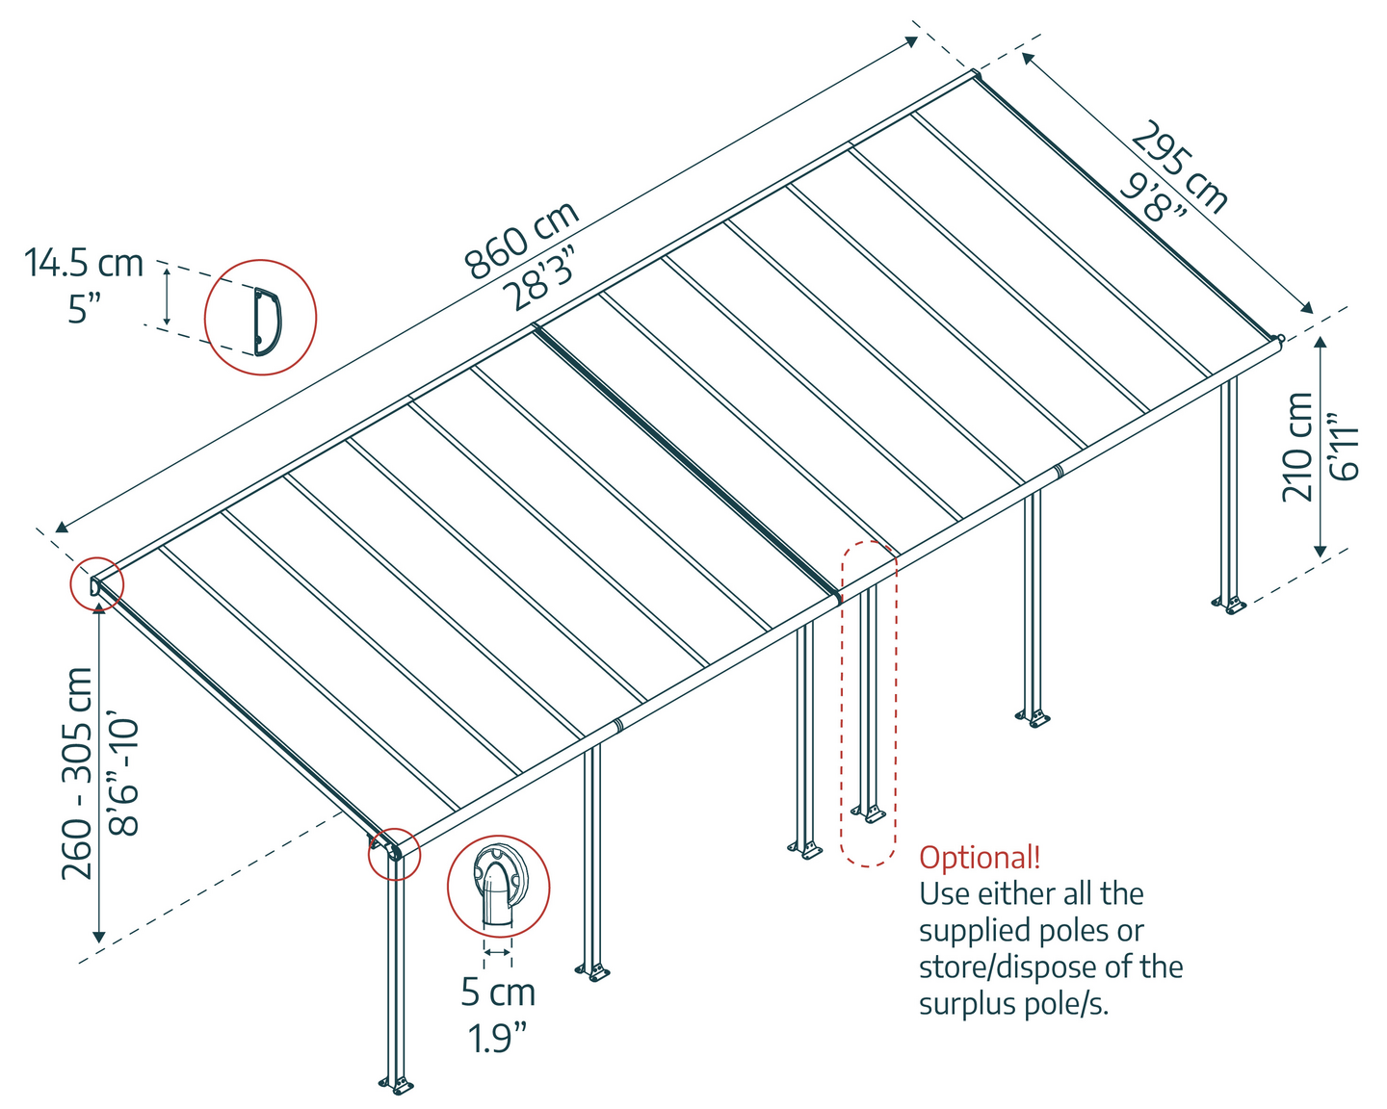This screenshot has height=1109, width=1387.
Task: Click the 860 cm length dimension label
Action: pyautogui.click(x=522, y=240)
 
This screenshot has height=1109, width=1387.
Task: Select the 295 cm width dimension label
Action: pyautogui.click(x=1181, y=167)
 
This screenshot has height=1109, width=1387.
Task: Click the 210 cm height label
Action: pyautogui.click(x=1298, y=447)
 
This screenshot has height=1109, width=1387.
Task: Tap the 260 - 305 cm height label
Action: pyautogui.click(x=78, y=773)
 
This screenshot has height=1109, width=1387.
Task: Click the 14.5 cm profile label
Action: pyautogui.click(x=84, y=263)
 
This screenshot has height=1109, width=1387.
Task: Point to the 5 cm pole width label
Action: pyautogui.click(x=498, y=992)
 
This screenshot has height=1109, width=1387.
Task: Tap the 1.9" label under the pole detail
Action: pyautogui.click(x=498, y=1038)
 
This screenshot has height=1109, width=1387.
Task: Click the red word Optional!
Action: pyautogui.click(x=980, y=857)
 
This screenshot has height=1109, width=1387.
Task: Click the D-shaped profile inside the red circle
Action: pyautogui.click(x=267, y=318)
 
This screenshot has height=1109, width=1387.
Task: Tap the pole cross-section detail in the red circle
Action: pyautogui.click(x=498, y=888)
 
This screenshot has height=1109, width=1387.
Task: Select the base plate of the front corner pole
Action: pyautogui.click(x=396, y=1085)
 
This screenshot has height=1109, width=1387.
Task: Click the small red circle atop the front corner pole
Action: pyautogui.click(x=395, y=853)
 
